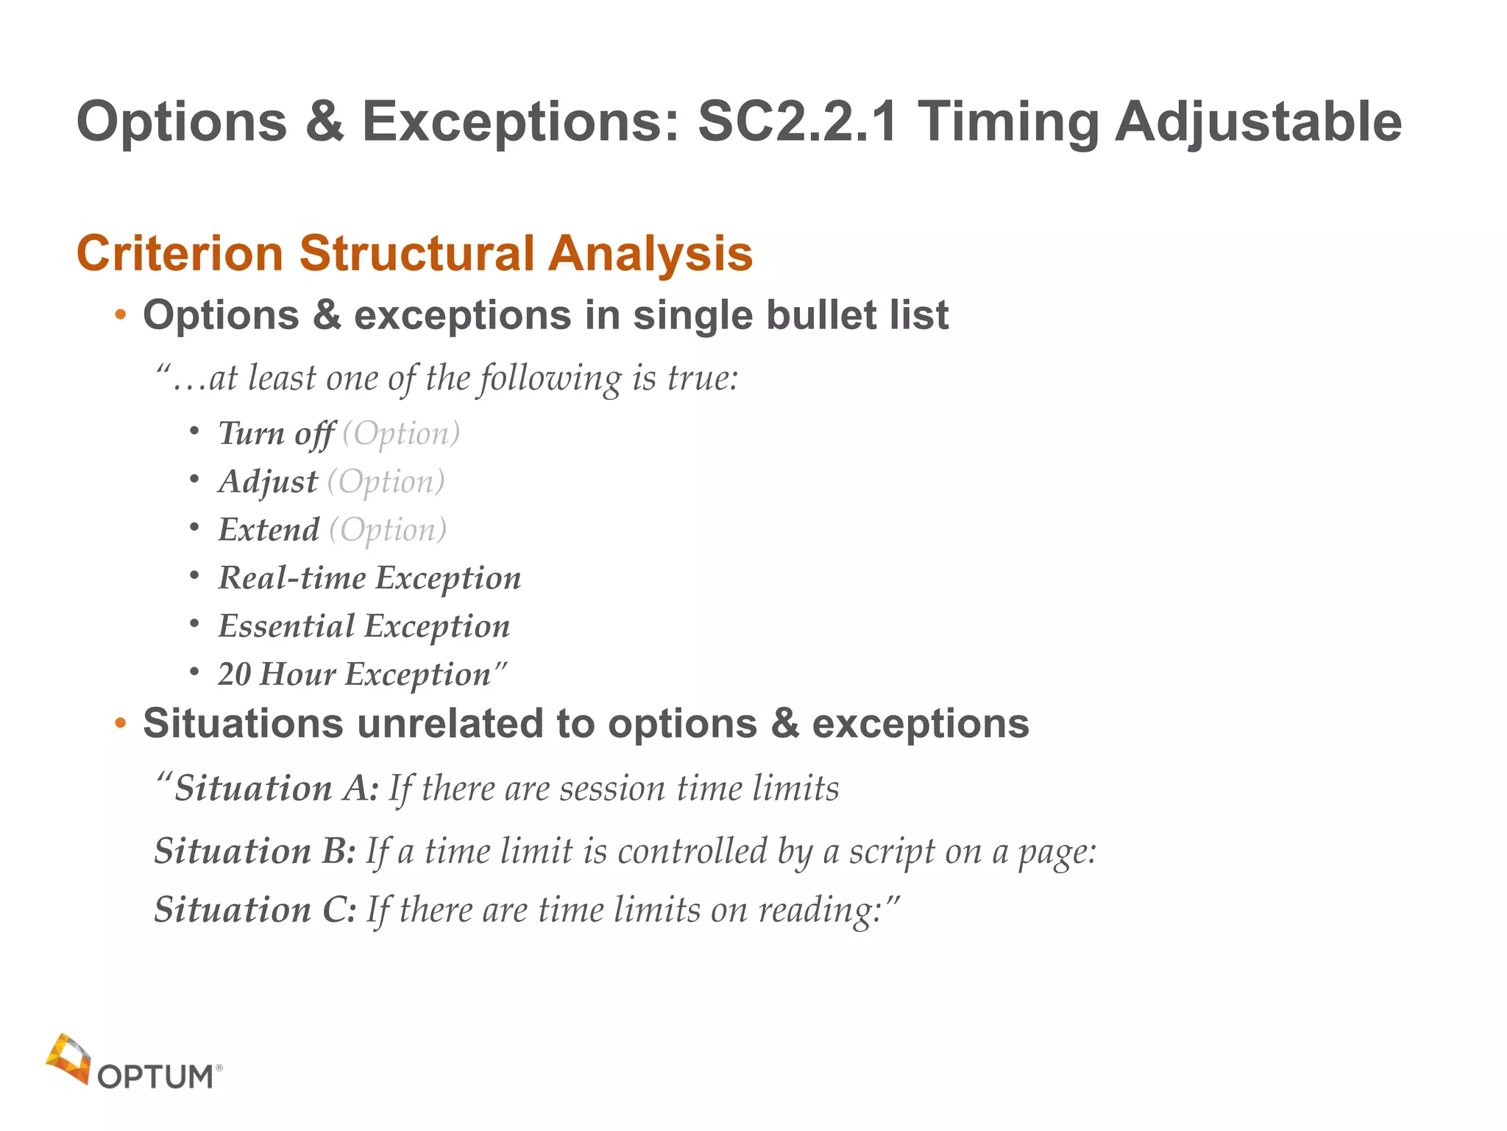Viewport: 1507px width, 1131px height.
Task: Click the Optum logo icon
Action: pyautogui.click(x=68, y=1059)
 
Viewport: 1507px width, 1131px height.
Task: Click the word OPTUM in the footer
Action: pyautogui.click(x=155, y=1077)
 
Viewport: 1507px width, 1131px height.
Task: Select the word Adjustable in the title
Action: pyautogui.click(x=1258, y=122)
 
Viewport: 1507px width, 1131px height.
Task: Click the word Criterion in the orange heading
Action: pyautogui.click(x=180, y=254)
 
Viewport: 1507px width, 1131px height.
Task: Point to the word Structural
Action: pyautogui.click(x=416, y=254)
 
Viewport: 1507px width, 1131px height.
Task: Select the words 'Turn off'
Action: pyautogui.click(x=277, y=434)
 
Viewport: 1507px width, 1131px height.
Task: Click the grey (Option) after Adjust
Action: pyautogui.click(x=386, y=482)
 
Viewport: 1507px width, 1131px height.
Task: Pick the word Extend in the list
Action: pyautogui.click(x=269, y=530)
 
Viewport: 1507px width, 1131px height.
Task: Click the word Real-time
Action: pyautogui.click(x=292, y=578)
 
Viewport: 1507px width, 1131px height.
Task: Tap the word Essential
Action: pyautogui.click(x=286, y=627)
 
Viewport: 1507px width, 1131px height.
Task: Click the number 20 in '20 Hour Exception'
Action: pyautogui.click(x=235, y=674)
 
